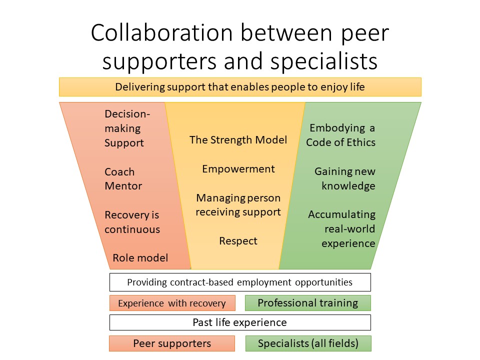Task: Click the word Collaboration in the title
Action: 162,32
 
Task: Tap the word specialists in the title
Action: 324,61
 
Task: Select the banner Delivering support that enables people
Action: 240,87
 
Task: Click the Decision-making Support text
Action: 127,128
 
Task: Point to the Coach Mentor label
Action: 123,179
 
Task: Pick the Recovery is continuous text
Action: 132,222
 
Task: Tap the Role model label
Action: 140,258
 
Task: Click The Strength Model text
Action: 238,140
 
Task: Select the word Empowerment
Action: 238,169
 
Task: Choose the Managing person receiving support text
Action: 238,205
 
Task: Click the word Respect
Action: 238,241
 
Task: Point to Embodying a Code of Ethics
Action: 340,135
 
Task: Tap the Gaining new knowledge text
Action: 345,178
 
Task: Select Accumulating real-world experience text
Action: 342,228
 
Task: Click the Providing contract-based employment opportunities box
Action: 240,282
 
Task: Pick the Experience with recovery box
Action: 172,303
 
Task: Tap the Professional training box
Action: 308,303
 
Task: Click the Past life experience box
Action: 240,322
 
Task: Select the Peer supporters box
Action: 172,343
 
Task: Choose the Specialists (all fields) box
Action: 308,343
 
